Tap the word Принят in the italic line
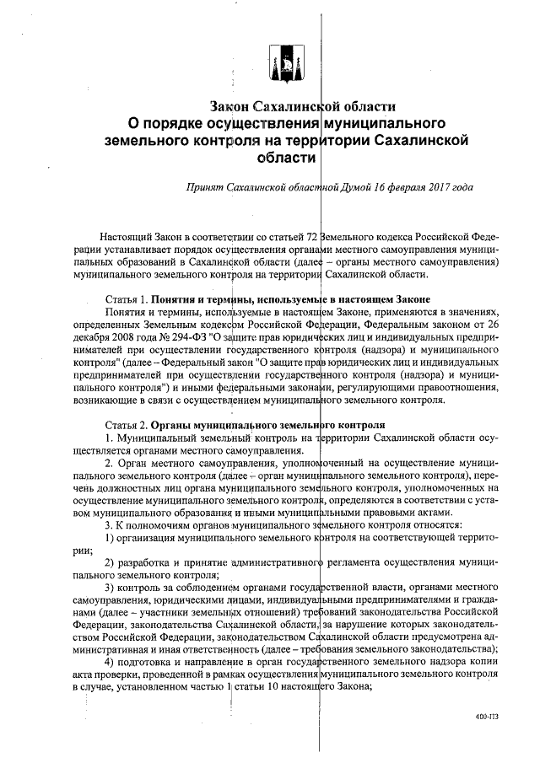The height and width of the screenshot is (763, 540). click(206, 187)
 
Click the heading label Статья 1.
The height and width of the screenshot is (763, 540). click(125, 299)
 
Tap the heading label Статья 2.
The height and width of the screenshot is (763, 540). click(125, 425)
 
